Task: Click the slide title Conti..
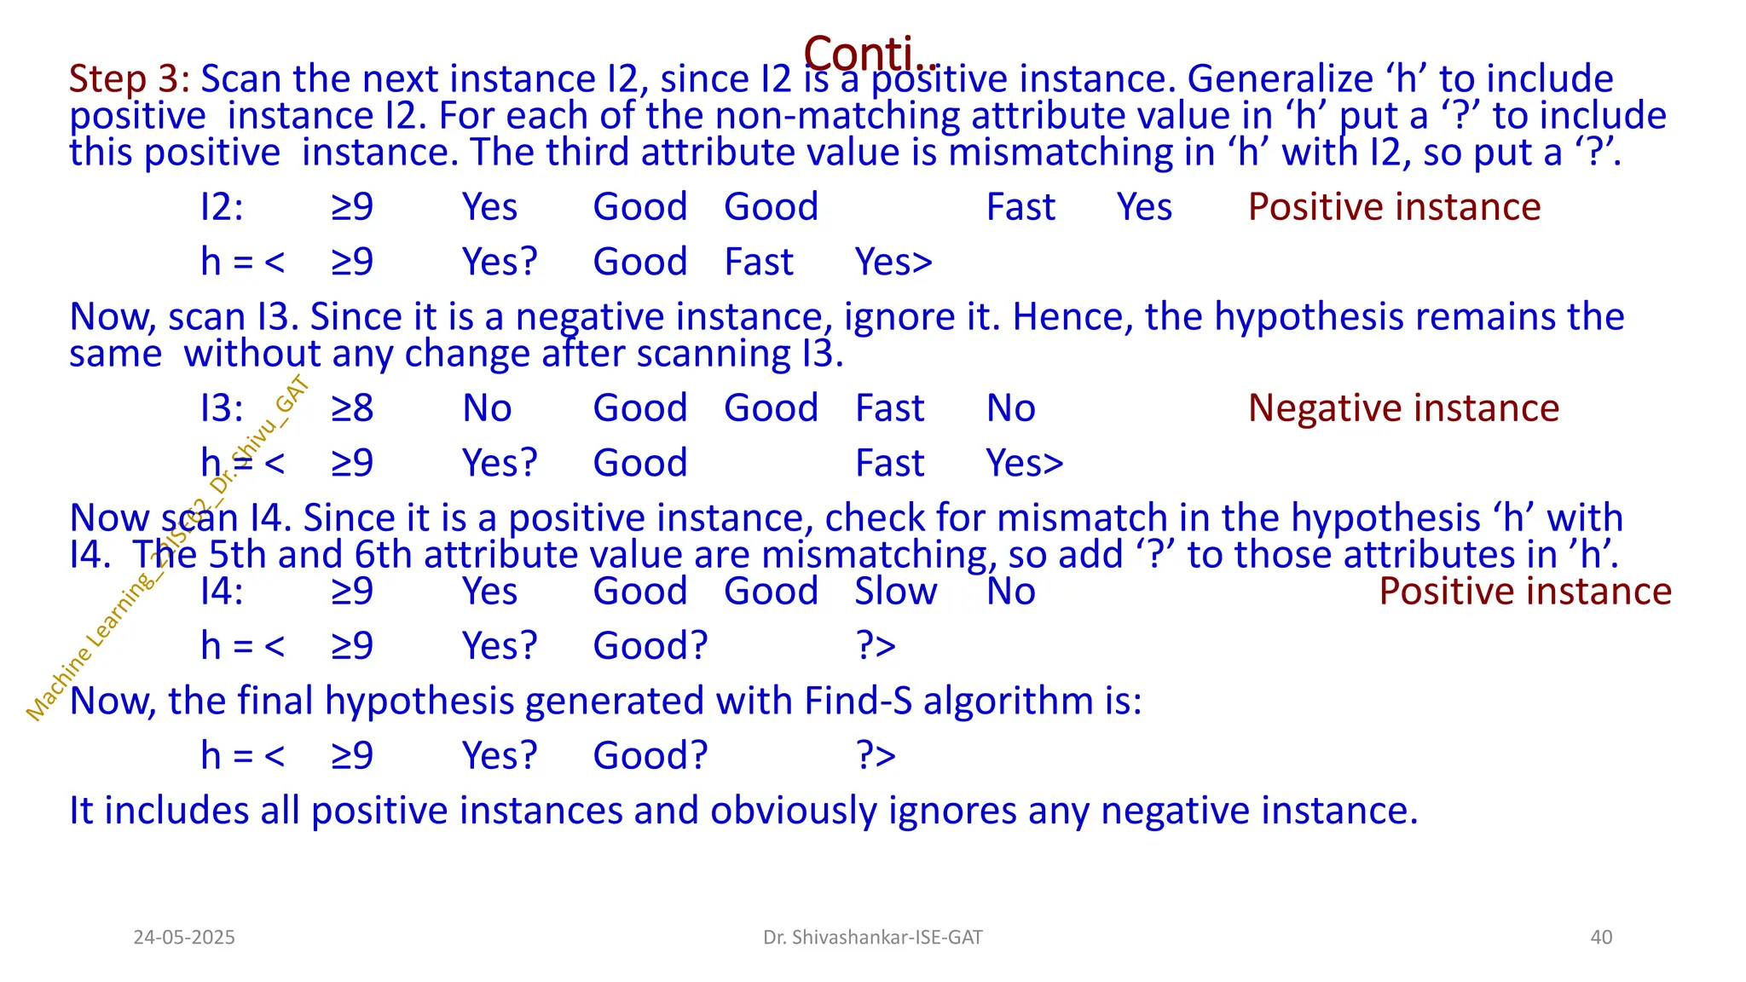coord(870,53)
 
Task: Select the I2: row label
coord(222,207)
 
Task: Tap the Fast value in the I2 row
coord(1020,207)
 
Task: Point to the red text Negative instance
coord(1403,408)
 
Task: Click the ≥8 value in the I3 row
coord(352,408)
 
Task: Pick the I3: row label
coord(222,408)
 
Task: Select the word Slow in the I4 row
coord(896,592)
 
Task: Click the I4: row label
coord(222,592)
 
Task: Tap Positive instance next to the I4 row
coord(1525,592)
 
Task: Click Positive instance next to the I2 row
coord(1394,207)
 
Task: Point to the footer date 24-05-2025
coord(184,938)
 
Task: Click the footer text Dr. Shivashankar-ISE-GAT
coord(873,938)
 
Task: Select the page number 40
coord(1601,938)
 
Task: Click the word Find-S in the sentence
coord(858,702)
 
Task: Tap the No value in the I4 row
coord(1011,592)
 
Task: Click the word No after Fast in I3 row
coord(1011,408)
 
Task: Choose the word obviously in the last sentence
coord(793,811)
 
